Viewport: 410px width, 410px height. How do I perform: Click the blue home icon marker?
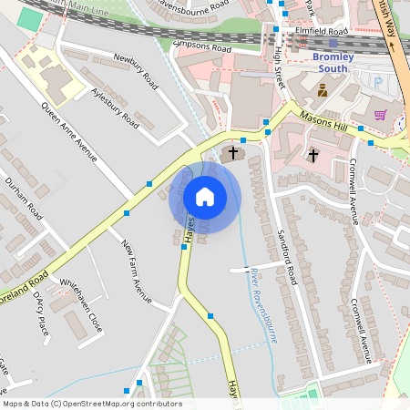click(x=205, y=197)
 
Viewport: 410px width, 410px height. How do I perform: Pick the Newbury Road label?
click(x=136, y=71)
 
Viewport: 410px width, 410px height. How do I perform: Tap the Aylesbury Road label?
click(x=116, y=107)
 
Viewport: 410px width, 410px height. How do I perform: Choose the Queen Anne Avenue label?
click(x=68, y=134)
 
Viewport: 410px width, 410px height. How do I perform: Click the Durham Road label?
click(x=25, y=197)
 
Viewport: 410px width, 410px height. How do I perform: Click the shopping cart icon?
click(x=380, y=115)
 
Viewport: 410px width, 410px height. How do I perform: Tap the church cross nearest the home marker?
click(x=233, y=152)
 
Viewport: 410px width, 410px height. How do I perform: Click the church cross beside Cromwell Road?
click(x=313, y=155)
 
